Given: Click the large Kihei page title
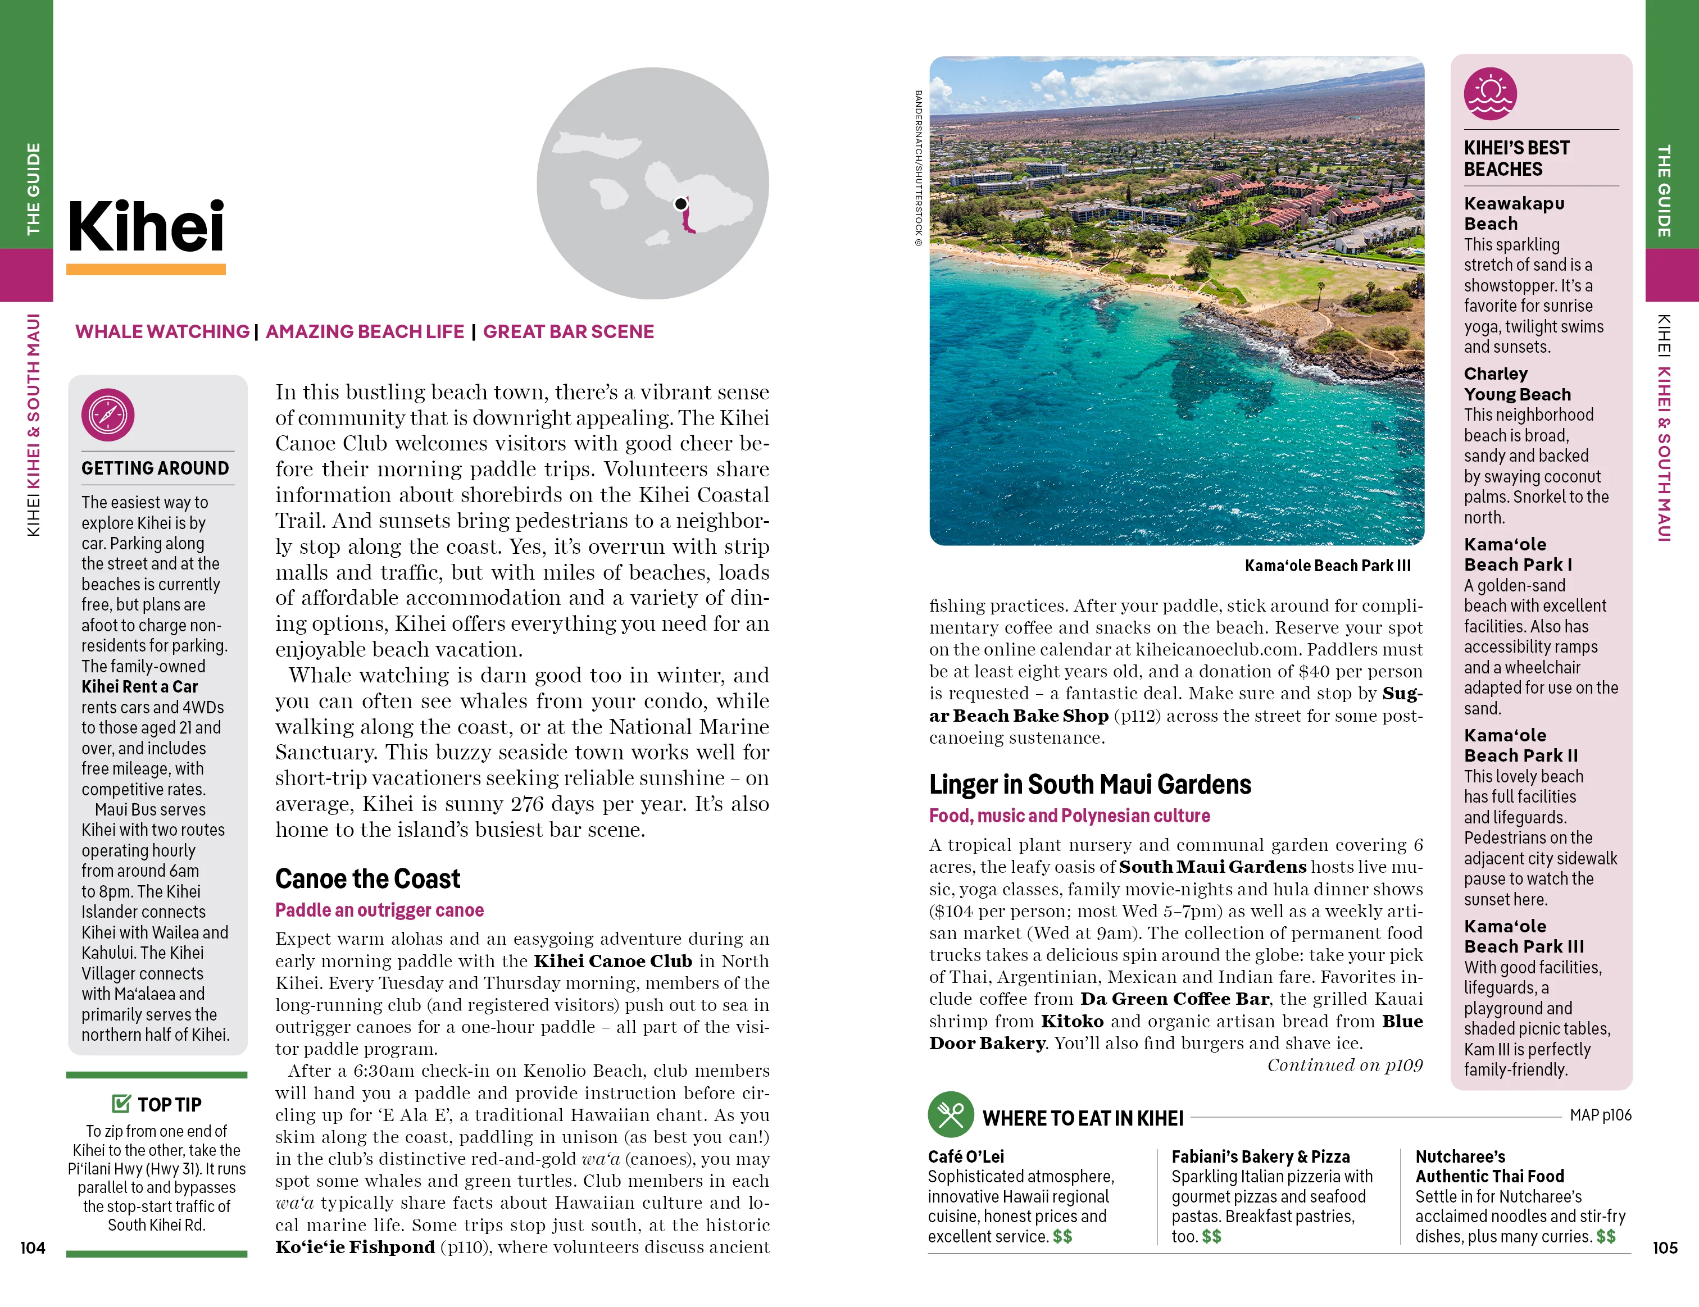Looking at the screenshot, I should pyautogui.click(x=146, y=226).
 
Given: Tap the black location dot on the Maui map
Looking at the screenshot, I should pyautogui.click(x=681, y=204).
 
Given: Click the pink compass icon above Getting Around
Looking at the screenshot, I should pyautogui.click(x=108, y=415).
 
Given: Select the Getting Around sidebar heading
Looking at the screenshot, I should pyautogui.click(x=155, y=468).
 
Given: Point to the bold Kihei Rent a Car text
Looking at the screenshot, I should pyautogui.click(x=140, y=686).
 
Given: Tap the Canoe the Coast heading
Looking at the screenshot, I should pyautogui.click(x=367, y=878).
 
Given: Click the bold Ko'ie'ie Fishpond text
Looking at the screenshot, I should pyautogui.click(x=355, y=1247).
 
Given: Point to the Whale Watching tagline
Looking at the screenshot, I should pyautogui.click(x=162, y=331).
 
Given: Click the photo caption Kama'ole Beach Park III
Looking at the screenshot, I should pyautogui.click(x=1327, y=565).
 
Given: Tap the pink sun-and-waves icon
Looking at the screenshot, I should pyautogui.click(x=1490, y=94).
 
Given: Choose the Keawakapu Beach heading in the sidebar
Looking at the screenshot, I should pyautogui.click(x=1514, y=213).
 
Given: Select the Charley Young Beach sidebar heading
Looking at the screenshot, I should pyautogui.click(x=1517, y=384).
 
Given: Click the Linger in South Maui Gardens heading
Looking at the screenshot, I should pyautogui.click(x=1090, y=785).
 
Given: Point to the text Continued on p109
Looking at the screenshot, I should pyautogui.click(x=1344, y=1065).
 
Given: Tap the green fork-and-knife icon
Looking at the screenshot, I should pyautogui.click(x=951, y=1115).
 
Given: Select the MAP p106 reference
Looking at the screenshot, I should pyautogui.click(x=1600, y=1115).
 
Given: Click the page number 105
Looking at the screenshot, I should pyautogui.click(x=1665, y=1248).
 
